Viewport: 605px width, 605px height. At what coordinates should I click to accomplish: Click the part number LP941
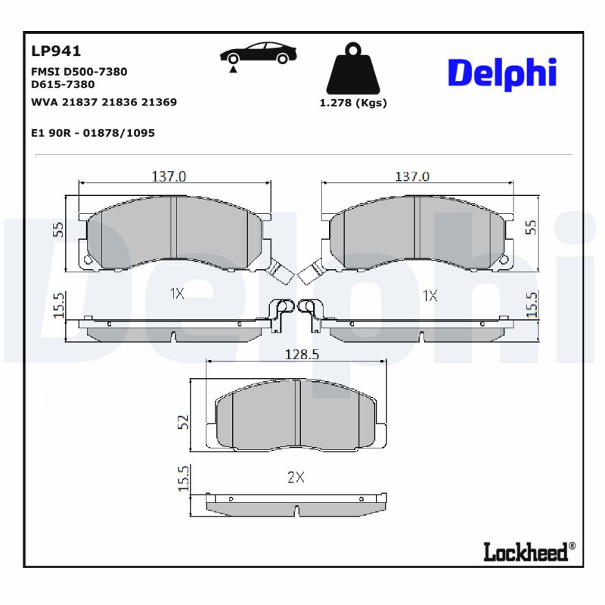(x=56, y=51)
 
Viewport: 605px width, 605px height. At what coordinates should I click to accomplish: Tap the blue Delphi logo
(x=502, y=73)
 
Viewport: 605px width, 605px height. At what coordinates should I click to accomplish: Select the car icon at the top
(x=258, y=55)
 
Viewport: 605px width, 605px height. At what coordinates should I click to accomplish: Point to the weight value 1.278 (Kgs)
(x=352, y=103)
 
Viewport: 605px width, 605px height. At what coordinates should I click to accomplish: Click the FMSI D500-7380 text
(x=79, y=72)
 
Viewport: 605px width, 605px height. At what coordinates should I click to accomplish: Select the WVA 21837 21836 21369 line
(x=104, y=102)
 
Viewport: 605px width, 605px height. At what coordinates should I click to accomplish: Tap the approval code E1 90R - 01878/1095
(x=93, y=132)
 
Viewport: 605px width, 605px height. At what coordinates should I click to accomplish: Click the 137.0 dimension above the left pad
(x=169, y=175)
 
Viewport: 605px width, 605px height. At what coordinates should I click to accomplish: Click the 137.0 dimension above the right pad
(x=412, y=175)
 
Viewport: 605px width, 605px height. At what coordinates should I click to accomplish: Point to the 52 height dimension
(x=182, y=422)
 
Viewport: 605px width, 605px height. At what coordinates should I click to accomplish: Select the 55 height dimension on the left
(x=58, y=230)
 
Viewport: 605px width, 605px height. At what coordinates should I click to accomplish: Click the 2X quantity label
(x=296, y=477)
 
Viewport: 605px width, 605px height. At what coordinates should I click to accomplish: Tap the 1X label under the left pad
(x=176, y=294)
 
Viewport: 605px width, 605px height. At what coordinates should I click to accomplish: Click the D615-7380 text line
(x=63, y=85)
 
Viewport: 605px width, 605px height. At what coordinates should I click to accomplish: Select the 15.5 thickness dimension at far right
(x=532, y=305)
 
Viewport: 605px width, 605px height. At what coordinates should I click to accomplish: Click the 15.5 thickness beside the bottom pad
(x=182, y=479)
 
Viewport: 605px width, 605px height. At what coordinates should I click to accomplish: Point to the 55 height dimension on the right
(x=531, y=227)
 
